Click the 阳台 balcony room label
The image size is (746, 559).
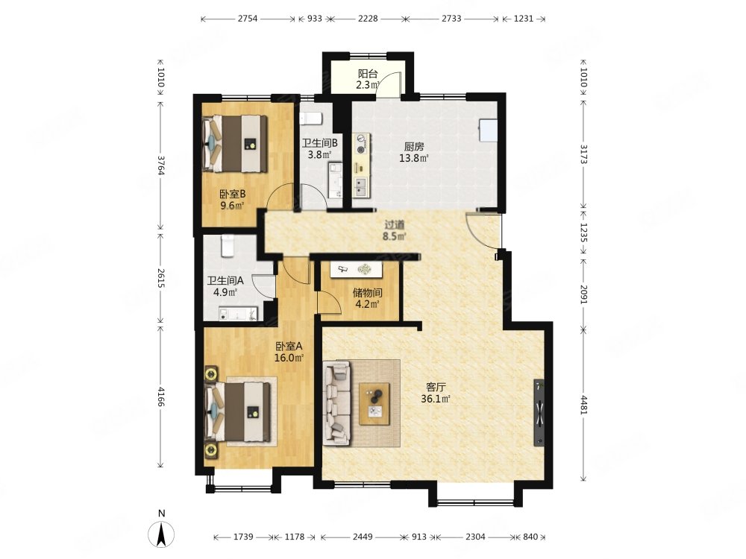tap(368, 74)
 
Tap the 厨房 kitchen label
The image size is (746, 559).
tap(414, 147)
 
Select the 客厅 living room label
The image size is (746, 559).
tap(436, 388)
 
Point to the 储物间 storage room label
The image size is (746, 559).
tap(367, 293)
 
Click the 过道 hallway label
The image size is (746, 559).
tap(395, 224)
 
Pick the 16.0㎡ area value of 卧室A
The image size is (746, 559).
tap(289, 358)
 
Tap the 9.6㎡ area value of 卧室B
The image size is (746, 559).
tap(232, 206)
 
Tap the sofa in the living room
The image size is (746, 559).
tap(337, 402)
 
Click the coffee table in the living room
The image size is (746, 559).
tap(374, 403)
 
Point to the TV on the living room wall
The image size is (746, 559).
tap(539, 412)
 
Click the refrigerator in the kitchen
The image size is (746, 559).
tap(489, 130)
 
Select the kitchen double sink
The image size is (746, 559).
tap(360, 188)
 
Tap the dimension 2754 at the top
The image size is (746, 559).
tap(248, 19)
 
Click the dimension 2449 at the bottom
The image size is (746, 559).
tap(363, 537)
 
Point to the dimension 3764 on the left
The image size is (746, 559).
tap(161, 166)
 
